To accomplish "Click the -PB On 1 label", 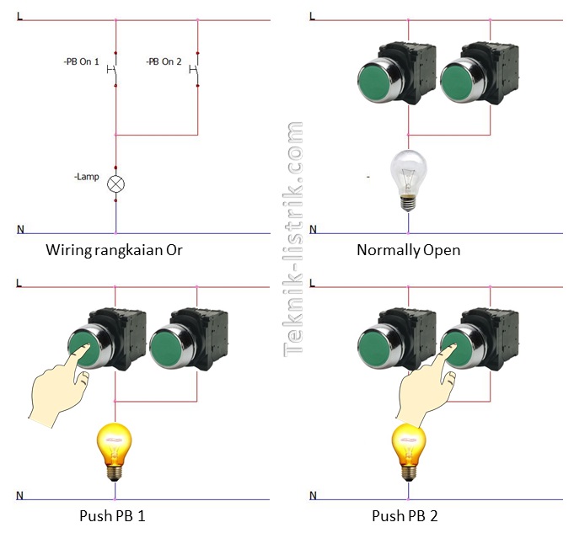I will click(x=81, y=62).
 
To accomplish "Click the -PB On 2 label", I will click(x=164, y=62).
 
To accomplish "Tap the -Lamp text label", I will click(x=86, y=177).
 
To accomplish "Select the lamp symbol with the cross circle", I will click(x=115, y=184).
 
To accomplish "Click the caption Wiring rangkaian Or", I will click(x=114, y=250).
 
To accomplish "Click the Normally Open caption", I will click(x=408, y=250).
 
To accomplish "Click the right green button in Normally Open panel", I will click(x=456, y=83).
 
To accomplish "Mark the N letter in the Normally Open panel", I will click(x=314, y=229).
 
